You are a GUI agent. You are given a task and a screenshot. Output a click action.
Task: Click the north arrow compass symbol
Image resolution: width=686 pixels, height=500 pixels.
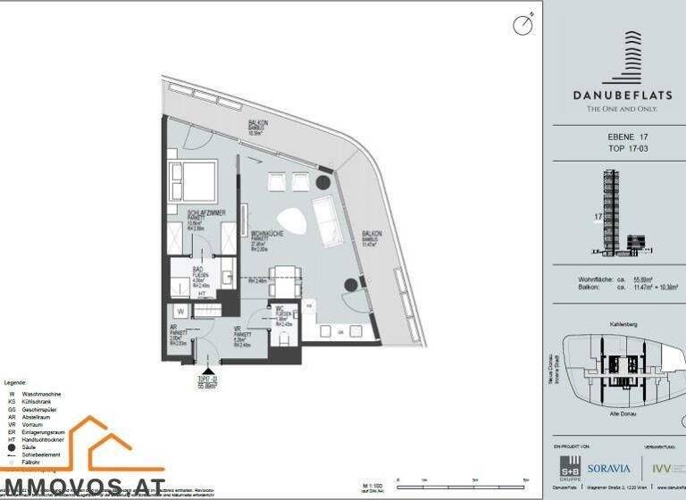[523, 25]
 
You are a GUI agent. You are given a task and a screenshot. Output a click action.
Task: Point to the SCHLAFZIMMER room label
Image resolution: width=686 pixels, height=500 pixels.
[205, 212]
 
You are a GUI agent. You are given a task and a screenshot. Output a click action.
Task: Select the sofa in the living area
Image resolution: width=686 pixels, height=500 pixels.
[323, 214]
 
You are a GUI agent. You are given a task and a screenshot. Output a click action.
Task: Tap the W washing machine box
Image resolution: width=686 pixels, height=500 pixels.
[180, 311]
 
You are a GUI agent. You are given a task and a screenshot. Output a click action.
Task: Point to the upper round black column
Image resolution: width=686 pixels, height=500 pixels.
[322, 182]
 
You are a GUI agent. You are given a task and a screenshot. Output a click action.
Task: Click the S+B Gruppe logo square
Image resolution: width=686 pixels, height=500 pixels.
[569, 466]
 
